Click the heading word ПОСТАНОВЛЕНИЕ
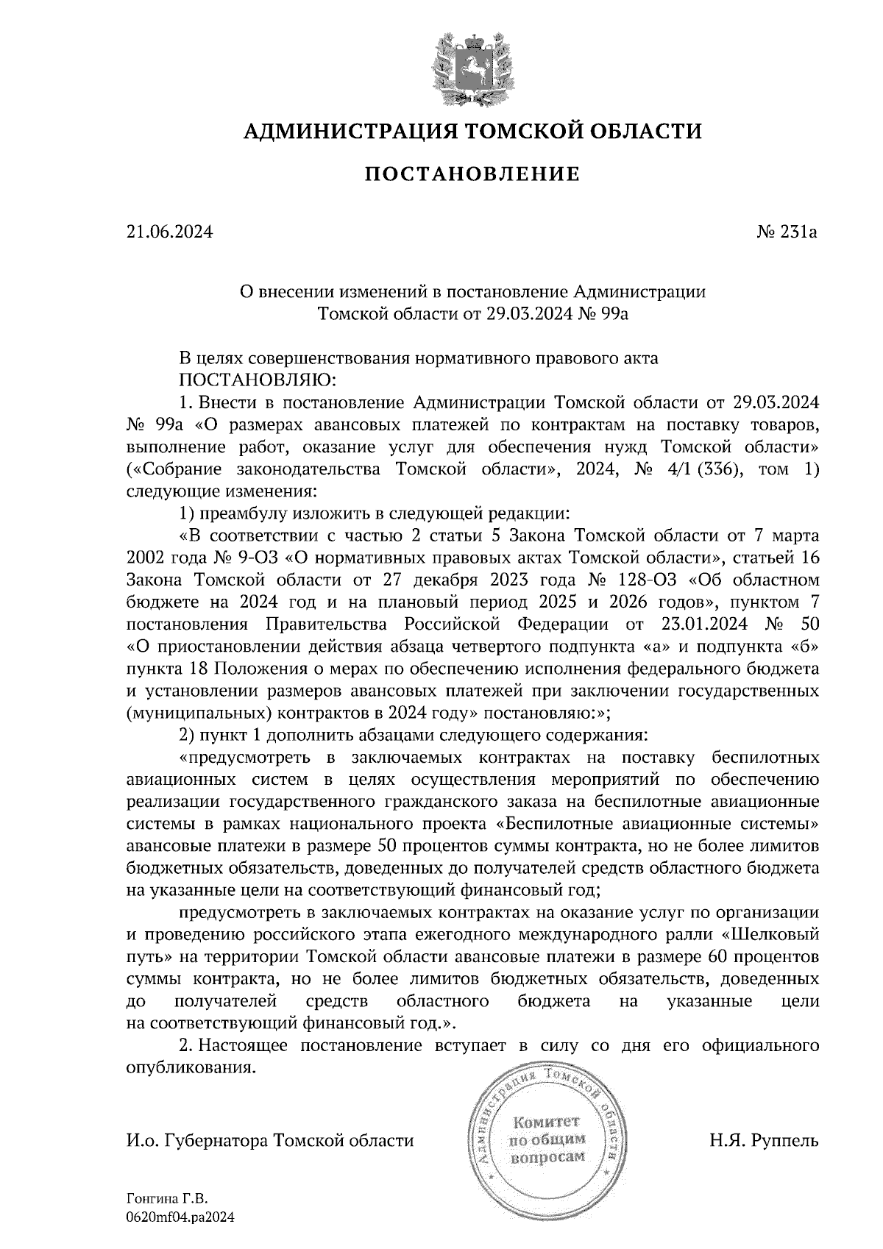(x=473, y=174)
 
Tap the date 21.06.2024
(x=169, y=232)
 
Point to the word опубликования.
(x=192, y=1067)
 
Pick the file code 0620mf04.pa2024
(x=180, y=1218)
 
